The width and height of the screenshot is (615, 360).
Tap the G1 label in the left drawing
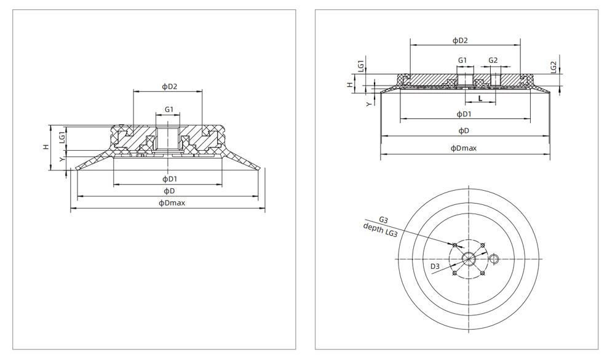[x=169, y=110]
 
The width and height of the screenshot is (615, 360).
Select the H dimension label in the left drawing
[x=46, y=147]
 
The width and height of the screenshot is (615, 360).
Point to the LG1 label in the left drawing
[x=61, y=137]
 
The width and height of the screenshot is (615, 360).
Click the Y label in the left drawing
[x=61, y=159]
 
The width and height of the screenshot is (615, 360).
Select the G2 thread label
[x=493, y=60]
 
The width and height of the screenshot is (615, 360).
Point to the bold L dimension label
[x=480, y=98]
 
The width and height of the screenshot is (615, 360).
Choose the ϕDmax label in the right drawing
[x=464, y=148]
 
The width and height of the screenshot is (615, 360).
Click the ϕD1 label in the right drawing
[x=464, y=114]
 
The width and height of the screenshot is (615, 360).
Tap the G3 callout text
[x=383, y=220]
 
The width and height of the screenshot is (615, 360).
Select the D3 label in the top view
[x=434, y=266]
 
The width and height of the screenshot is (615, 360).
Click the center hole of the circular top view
[x=469, y=258]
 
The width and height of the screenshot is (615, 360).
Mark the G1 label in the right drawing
[x=462, y=60]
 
